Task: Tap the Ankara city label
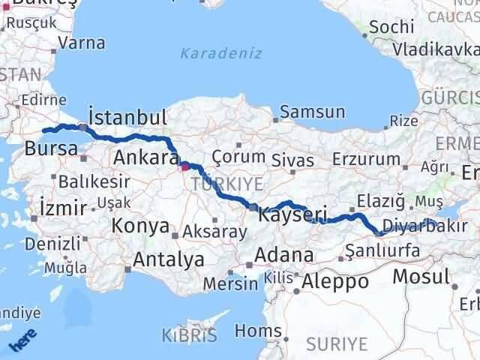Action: point(144,157)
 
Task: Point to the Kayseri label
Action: point(292,215)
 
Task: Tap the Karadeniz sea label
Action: point(211,53)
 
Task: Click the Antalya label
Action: point(169,259)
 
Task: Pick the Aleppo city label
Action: point(335,282)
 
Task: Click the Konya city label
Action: point(140,225)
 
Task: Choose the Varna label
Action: point(81,43)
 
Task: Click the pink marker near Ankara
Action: point(185,167)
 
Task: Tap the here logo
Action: point(23,341)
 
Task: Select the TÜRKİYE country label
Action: point(226,184)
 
